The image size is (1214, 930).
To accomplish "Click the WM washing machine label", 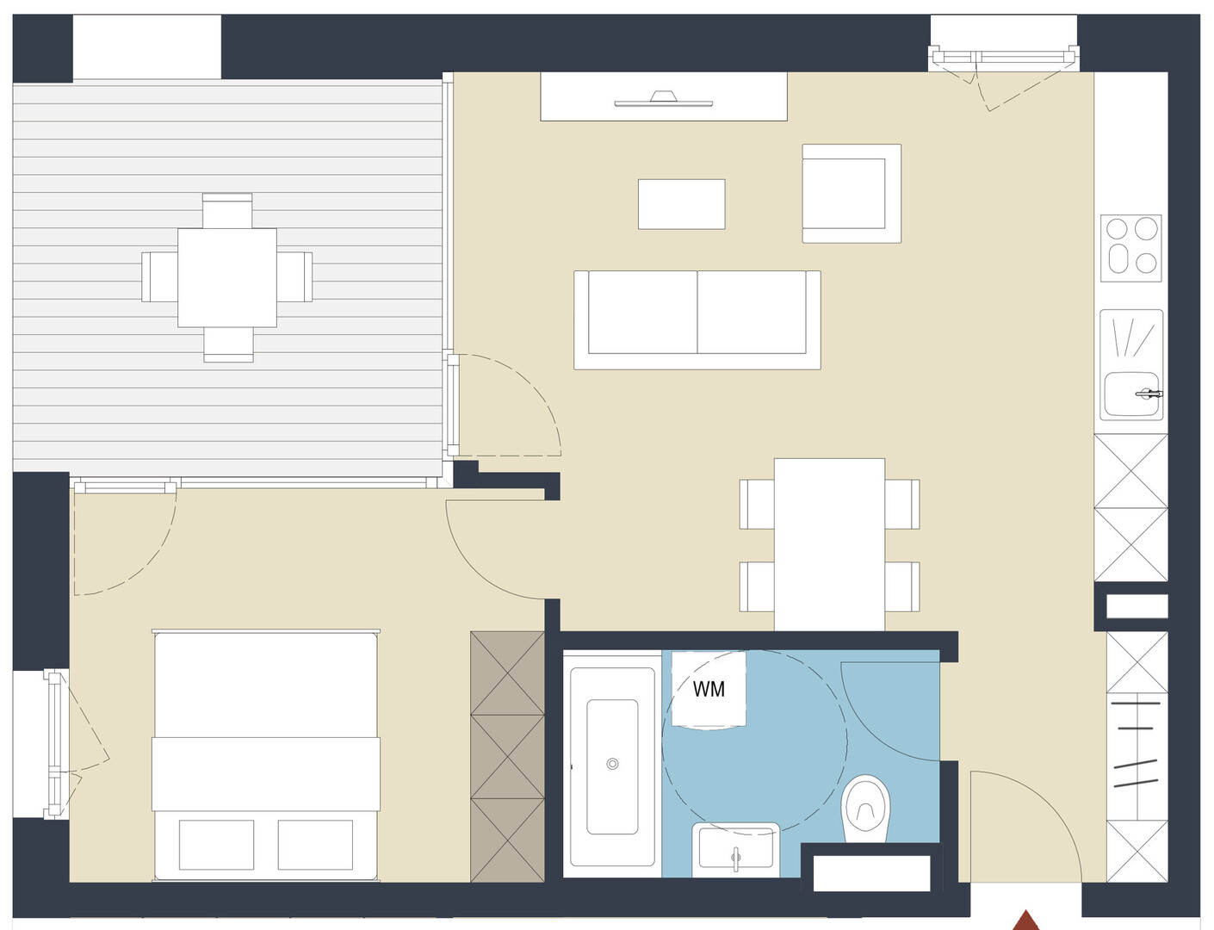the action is [x=709, y=689].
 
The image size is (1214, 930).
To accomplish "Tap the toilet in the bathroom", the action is [x=865, y=809].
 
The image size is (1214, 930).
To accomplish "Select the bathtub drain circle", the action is [x=612, y=764].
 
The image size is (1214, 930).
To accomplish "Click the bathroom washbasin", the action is [x=736, y=849].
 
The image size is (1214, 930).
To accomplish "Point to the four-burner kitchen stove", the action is [x=1130, y=248].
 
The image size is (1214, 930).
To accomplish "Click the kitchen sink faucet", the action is [x=1149, y=394].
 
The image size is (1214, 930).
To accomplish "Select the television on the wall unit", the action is [x=664, y=99].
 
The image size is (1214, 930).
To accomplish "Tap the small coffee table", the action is [x=682, y=204].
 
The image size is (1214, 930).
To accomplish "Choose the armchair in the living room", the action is [x=852, y=193].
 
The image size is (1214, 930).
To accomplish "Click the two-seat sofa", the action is [x=697, y=320].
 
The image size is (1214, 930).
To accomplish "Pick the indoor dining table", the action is [x=829, y=544].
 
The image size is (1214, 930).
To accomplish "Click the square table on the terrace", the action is [x=226, y=277].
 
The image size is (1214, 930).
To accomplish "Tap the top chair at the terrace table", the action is [x=226, y=211].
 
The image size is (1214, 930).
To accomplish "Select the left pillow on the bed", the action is [x=216, y=845].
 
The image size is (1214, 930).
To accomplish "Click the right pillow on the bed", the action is [x=315, y=845].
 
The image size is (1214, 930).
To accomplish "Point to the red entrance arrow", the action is [x=1025, y=921].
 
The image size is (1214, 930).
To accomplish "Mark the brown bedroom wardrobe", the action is [x=507, y=757].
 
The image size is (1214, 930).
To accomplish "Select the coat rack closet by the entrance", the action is [x=1137, y=757].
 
